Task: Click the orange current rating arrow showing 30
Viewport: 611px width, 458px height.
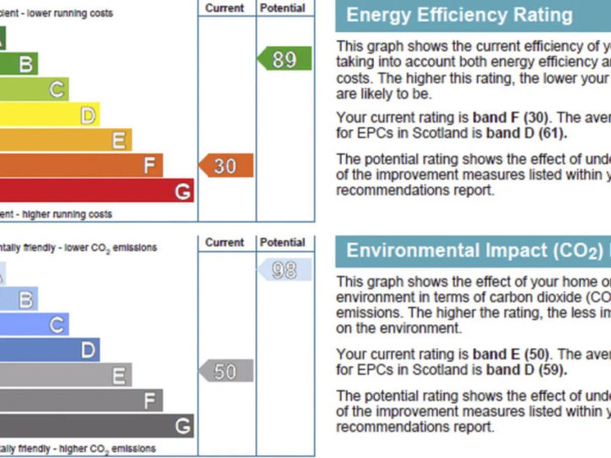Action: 226,166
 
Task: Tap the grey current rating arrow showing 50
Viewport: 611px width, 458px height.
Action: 226,371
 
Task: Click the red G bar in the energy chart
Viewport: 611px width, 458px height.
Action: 96,191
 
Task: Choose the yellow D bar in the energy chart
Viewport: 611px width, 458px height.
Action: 49,114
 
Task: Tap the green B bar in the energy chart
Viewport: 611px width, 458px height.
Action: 18,63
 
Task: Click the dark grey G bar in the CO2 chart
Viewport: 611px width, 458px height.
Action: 96,426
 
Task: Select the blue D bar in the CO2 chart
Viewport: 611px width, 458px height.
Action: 49,350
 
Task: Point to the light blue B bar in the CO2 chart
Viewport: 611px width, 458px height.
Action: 18,299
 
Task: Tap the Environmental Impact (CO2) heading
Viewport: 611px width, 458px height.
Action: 474,251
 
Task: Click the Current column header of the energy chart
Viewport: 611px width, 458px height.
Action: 224,8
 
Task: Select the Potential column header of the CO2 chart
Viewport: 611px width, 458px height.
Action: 282,243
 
